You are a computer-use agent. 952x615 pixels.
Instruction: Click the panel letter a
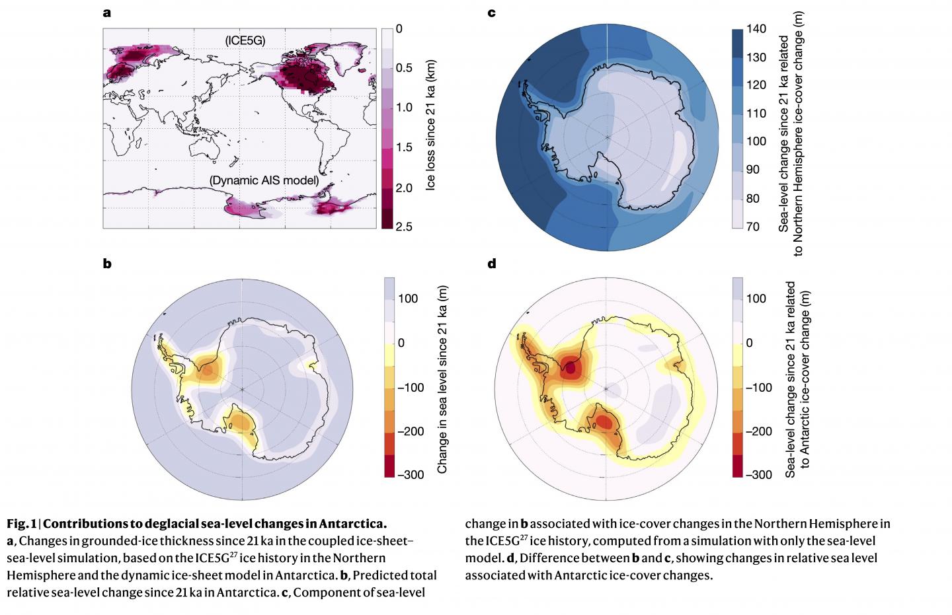[106, 12]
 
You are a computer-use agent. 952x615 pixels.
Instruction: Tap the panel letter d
[491, 264]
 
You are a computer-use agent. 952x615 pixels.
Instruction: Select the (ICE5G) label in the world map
[245, 41]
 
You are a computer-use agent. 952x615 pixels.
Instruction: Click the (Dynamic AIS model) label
[264, 180]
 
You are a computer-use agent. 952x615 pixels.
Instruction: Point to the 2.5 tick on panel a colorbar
[405, 227]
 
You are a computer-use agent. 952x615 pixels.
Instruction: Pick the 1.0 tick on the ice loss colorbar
[405, 108]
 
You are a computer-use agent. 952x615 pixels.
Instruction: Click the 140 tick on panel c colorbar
[756, 28]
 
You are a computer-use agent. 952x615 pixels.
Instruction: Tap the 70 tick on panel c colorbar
[753, 227]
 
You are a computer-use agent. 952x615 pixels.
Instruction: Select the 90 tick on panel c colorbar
[753, 170]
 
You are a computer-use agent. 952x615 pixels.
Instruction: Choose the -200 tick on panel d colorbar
[759, 431]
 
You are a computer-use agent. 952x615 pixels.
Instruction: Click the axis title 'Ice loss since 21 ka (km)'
[430, 128]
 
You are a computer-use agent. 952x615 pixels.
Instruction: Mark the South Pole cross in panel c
[607, 137]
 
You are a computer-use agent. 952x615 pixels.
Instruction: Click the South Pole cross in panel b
[243, 390]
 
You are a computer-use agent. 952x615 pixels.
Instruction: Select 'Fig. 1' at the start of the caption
[21, 525]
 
